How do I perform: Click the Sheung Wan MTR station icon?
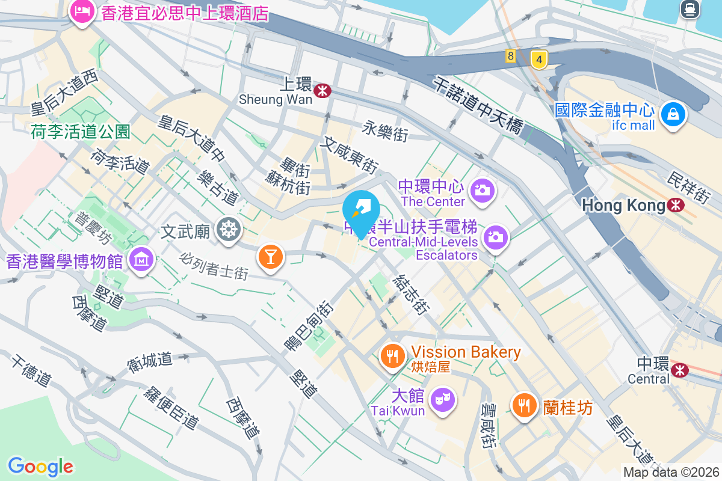coord(323,91)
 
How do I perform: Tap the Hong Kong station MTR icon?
coord(676,205)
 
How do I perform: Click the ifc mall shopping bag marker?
coord(673,114)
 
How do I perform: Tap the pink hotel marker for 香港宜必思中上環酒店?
coord(81,11)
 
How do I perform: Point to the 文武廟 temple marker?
coord(229,229)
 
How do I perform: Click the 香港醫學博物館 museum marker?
coord(142,260)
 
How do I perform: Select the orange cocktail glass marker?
coord(270,257)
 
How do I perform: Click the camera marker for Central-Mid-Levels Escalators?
coord(495,237)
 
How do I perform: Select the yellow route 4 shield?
coord(539,60)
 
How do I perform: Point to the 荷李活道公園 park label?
coord(81,132)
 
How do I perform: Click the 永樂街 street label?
coord(385,130)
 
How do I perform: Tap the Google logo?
coord(40,467)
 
